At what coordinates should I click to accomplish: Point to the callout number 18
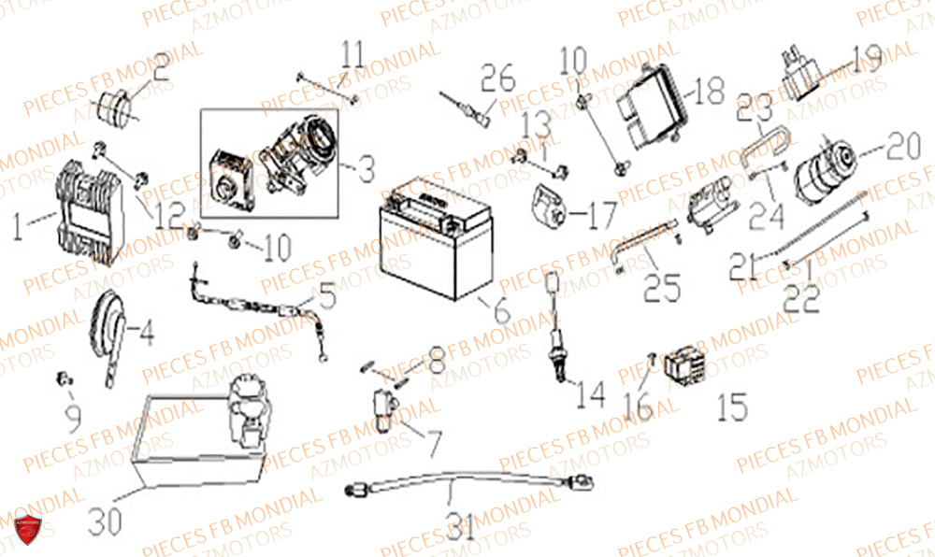[x=709, y=91]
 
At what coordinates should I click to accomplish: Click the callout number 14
[x=590, y=397]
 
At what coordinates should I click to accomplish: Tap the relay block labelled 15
[x=686, y=366]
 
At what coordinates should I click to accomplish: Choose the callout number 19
[x=867, y=60]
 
